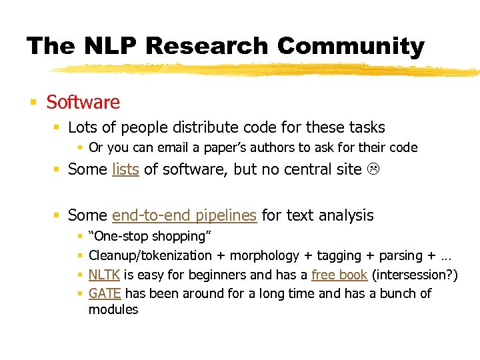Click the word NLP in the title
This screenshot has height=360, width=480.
109,46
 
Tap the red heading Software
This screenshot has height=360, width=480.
83,102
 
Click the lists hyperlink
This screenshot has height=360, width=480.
125,169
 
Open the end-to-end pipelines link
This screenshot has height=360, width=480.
184,215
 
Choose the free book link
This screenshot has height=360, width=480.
339,274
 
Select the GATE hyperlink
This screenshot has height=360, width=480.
105,293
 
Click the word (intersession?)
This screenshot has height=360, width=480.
415,274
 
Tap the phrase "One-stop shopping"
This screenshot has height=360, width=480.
150,236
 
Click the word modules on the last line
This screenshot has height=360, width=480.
113,309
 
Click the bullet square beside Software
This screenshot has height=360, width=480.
33,103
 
